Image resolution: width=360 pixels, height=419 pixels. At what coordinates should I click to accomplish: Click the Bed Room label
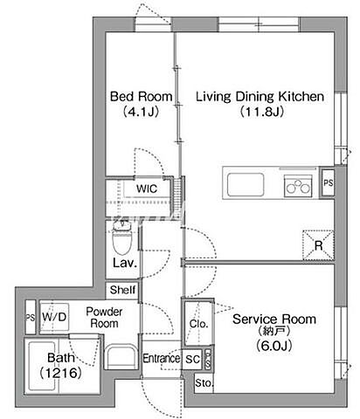(x=142, y=96)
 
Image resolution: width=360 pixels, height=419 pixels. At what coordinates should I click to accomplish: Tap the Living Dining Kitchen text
(x=260, y=96)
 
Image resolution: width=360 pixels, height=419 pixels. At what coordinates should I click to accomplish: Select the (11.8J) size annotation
(x=261, y=112)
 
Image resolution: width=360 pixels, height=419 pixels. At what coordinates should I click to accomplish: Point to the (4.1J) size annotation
(x=141, y=112)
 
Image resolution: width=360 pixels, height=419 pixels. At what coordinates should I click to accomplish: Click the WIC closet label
(x=147, y=189)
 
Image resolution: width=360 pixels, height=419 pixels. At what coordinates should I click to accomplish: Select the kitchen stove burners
(x=298, y=185)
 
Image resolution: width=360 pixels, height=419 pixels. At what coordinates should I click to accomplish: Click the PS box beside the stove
(x=328, y=182)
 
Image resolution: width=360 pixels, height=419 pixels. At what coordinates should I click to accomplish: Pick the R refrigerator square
(x=318, y=245)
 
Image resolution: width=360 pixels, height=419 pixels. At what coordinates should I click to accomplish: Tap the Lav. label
(x=125, y=263)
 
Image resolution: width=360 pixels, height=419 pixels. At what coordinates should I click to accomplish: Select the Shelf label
(x=122, y=290)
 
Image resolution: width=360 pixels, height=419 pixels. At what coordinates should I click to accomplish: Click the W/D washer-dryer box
(x=54, y=317)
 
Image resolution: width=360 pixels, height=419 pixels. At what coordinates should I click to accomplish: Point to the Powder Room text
(x=104, y=318)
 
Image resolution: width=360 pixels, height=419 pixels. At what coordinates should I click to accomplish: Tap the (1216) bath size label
(x=60, y=373)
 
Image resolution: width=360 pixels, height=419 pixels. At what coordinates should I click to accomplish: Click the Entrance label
(x=161, y=358)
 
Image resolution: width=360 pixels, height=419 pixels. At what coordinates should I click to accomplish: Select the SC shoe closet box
(x=192, y=359)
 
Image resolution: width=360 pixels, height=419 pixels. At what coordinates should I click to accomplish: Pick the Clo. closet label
(x=198, y=324)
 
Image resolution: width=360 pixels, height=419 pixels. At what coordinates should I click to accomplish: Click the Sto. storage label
(x=204, y=383)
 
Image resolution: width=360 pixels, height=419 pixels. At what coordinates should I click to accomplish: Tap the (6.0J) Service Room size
(x=273, y=346)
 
